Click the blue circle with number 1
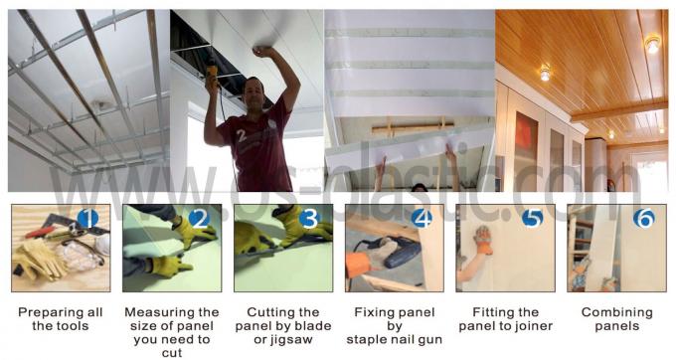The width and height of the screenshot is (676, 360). tap(87, 219)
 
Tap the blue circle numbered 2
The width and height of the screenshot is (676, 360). tap(199, 219)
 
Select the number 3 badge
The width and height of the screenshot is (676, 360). tap(309, 219)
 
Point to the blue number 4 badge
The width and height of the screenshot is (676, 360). tap(422, 219)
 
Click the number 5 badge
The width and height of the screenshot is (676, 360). tap(533, 218)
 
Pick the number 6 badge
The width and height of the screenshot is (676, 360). tap(643, 218)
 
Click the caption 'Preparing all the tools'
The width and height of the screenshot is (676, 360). tap(61, 319)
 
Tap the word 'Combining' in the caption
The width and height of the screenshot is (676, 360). tap(617, 312)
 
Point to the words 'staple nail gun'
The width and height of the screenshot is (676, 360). tap(394, 340)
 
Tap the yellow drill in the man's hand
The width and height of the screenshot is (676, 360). tap(212, 77)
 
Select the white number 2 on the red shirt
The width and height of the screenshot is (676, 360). tap(242, 136)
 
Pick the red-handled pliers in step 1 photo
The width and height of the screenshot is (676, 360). tap(40, 233)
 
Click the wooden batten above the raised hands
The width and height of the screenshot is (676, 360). tap(413, 127)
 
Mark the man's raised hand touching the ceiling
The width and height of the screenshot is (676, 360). tap(263, 52)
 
